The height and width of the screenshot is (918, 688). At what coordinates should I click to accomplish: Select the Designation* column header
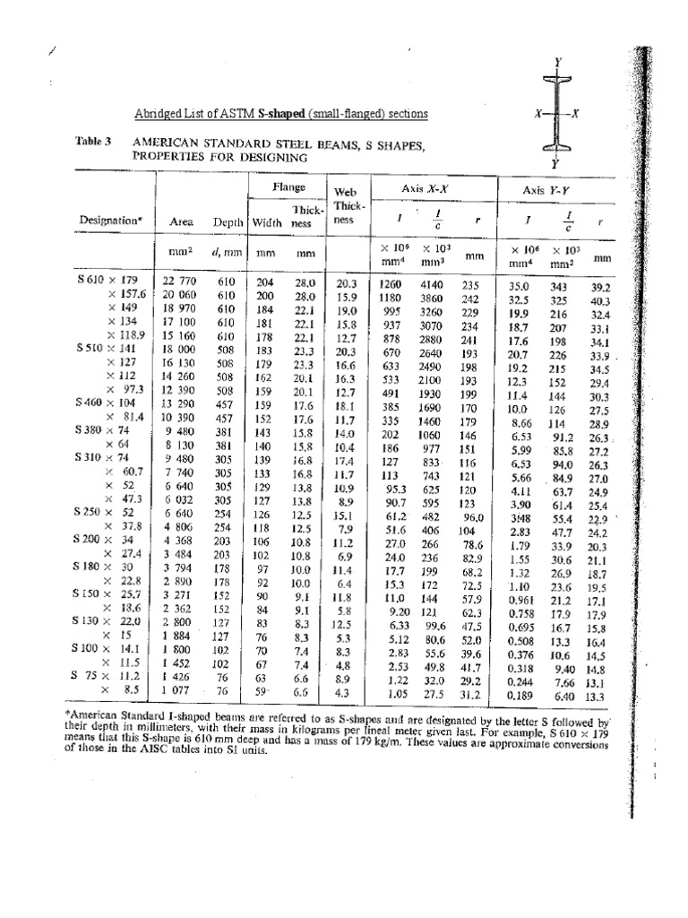pos(107,220)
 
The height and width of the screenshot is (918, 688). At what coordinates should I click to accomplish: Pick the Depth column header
pos(228,221)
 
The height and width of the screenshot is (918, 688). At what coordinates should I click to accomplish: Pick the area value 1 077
pos(179,691)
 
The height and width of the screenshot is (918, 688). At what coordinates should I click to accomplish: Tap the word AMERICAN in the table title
pos(165,143)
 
